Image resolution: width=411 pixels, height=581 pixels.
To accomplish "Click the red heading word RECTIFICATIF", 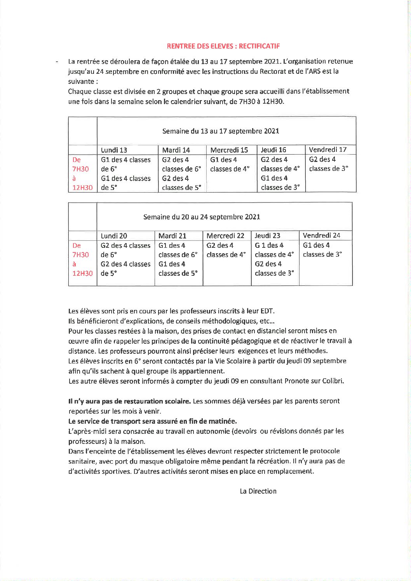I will click(259, 46).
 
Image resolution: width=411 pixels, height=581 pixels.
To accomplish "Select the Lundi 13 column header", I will click(114, 150).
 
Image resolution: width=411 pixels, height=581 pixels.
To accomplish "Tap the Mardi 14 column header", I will click(176, 150).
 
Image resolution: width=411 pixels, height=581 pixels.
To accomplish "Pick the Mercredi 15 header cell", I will click(229, 150).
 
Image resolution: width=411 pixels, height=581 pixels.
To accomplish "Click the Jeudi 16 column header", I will click(273, 150).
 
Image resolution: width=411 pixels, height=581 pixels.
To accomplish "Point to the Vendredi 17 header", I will click(327, 150).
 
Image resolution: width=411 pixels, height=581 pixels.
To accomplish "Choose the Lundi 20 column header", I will click(114, 236).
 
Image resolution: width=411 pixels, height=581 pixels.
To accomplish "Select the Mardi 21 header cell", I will click(172, 236).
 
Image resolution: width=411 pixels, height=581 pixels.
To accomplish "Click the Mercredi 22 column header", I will click(225, 236).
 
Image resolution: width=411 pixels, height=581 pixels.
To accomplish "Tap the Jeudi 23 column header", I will click(267, 235).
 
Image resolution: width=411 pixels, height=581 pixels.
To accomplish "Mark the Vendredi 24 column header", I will click(321, 235).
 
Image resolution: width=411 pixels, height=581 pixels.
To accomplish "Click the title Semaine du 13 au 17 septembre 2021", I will click(221, 131).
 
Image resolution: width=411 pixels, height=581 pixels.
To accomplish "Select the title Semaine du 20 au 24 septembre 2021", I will click(202, 217).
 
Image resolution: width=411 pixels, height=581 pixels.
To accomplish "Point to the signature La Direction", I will click(258, 491).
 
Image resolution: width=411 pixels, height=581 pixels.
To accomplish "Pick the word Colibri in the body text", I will click(333, 381).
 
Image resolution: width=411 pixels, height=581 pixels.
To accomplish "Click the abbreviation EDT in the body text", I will click(267, 311).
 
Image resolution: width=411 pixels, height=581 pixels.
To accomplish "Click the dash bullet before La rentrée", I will click(57, 62).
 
